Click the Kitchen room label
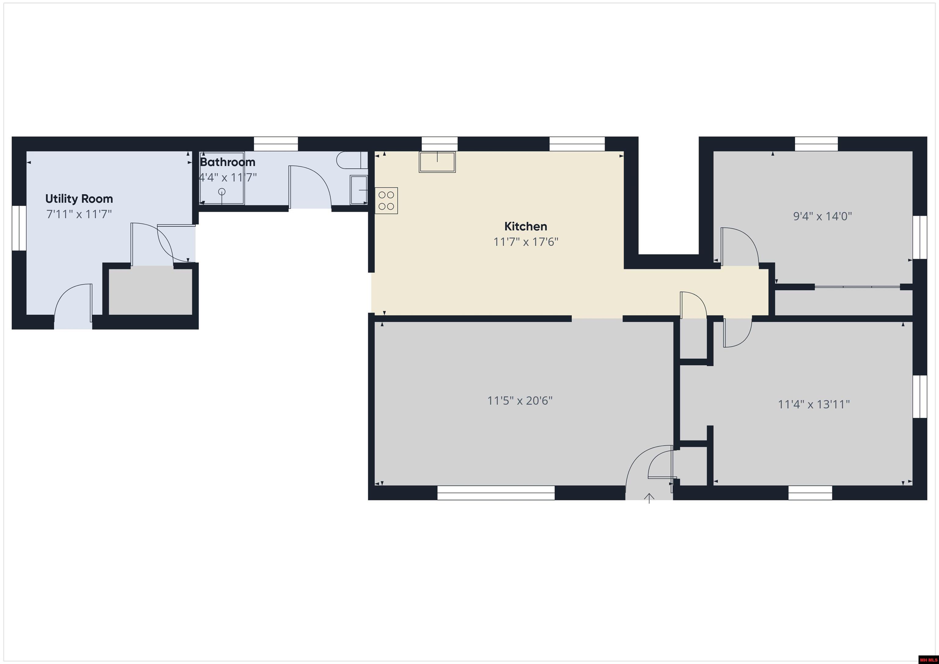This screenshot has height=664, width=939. pyautogui.click(x=525, y=226)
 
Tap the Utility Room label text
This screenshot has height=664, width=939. pyautogui.click(x=79, y=199)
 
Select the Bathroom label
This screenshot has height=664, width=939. pyautogui.click(x=227, y=162)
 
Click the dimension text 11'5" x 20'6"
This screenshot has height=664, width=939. pyautogui.click(x=519, y=400)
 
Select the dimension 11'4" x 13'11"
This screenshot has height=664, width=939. pyautogui.click(x=813, y=404)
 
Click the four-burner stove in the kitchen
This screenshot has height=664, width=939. pyautogui.click(x=386, y=200)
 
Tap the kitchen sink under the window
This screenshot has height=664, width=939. pyautogui.click(x=437, y=162)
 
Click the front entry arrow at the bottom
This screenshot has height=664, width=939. pyautogui.click(x=649, y=498)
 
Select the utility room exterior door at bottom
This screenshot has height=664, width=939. pyautogui.click(x=73, y=305)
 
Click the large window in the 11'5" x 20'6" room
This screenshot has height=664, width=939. pyautogui.click(x=496, y=493)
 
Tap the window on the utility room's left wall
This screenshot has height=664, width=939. pyautogui.click(x=19, y=228)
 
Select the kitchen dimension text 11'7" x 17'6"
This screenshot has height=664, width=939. pyautogui.click(x=525, y=242)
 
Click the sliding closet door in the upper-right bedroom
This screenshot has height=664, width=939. pyautogui.click(x=857, y=287)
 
